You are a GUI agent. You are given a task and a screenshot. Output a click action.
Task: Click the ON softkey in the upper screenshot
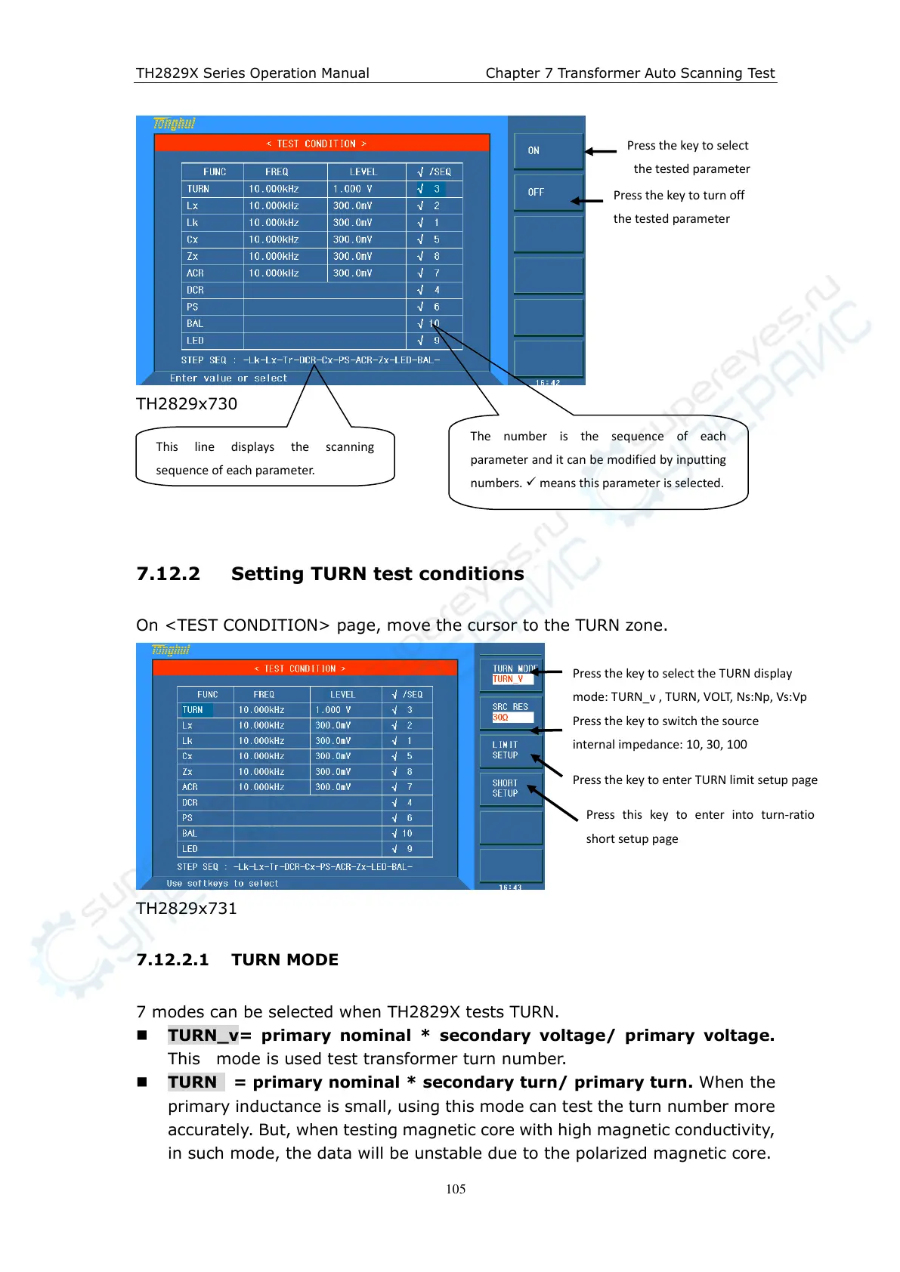548,150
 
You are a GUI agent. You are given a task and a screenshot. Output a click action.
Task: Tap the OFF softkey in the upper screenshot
548,192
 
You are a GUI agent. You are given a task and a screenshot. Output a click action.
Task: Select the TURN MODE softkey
512,673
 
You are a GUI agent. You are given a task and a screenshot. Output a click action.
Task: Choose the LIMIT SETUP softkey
511,749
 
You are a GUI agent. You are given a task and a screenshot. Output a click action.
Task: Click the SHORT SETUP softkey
511,788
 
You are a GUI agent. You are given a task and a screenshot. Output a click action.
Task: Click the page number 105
456,1189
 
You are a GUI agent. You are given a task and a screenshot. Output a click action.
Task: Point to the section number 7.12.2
168,574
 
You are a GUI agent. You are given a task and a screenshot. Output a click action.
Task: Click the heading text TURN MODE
285,960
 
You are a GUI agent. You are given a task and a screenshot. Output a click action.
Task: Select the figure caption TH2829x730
187,404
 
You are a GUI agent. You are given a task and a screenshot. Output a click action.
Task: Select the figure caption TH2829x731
187,909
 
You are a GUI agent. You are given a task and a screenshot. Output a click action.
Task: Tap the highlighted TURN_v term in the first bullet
203,1036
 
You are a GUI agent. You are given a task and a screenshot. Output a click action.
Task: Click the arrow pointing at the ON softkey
601,152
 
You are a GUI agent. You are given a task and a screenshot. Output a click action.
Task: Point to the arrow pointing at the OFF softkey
586,201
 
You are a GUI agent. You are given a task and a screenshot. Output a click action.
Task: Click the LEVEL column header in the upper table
363,172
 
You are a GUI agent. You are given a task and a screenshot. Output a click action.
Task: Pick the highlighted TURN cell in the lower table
193,710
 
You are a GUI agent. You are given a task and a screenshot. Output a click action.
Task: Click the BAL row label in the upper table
195,324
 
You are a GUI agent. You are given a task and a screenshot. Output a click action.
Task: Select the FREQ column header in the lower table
264,694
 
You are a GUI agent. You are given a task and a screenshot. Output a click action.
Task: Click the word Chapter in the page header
512,73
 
